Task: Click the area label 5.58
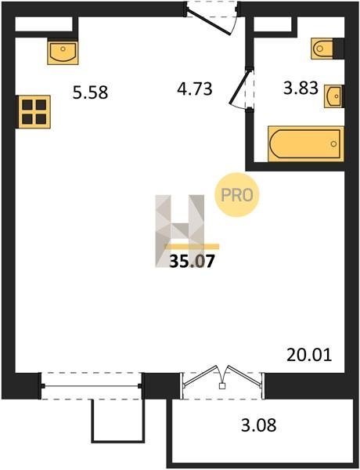90,92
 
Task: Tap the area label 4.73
195,89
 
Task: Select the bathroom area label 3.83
301,89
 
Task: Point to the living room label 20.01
309,355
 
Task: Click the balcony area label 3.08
259,425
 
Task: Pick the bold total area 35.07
192,261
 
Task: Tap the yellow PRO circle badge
236,195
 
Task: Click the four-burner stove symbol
34,112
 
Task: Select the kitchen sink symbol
63,52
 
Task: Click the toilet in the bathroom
323,49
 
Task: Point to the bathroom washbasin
333,96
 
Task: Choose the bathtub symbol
306,144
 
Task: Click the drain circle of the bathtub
333,144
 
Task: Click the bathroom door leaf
239,87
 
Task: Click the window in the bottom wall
91,385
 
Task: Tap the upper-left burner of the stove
27,105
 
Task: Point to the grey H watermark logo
180,231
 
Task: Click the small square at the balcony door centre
222,386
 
